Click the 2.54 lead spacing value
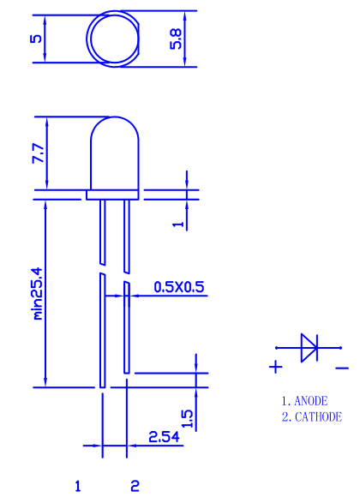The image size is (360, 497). (x=163, y=436)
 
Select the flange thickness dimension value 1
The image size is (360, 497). (x=178, y=221)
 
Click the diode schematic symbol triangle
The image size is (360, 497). (x=308, y=347)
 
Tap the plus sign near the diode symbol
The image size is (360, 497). (x=276, y=368)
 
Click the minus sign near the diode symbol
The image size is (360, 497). (x=342, y=368)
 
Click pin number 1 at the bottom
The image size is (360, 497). (x=78, y=486)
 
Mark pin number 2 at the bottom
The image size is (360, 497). (x=135, y=486)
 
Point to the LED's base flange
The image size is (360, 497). (x=113, y=195)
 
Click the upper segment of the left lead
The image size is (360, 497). (x=101, y=231)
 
